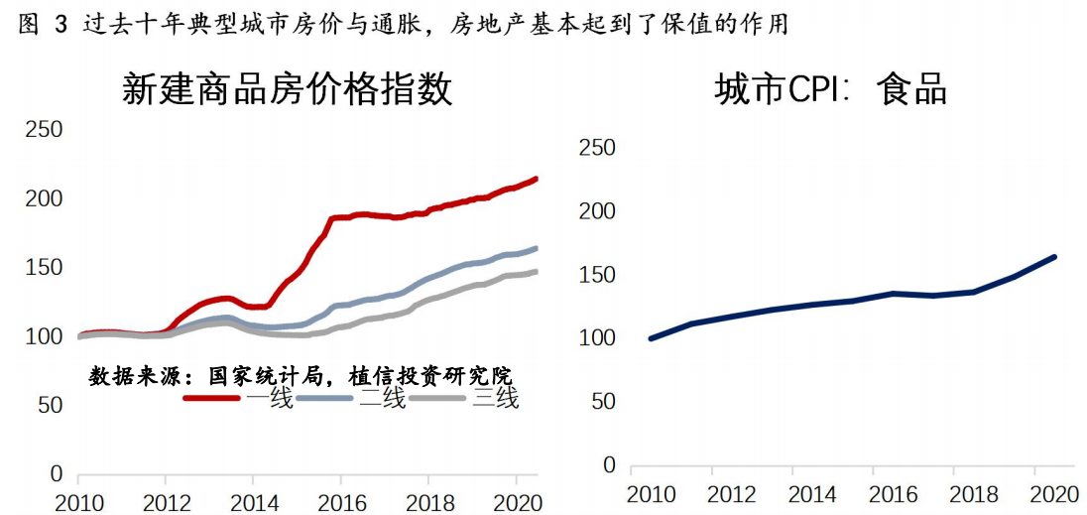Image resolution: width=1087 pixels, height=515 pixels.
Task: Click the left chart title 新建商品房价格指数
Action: coord(287,89)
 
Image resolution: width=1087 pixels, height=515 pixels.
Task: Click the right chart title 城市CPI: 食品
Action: coord(831,90)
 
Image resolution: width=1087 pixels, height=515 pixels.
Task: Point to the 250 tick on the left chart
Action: coord(44,130)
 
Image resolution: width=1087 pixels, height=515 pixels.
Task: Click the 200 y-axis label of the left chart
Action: coord(44,198)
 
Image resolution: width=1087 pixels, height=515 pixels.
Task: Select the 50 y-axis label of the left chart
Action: coord(50,406)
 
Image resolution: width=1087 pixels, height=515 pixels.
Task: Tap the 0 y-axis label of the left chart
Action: coord(57,474)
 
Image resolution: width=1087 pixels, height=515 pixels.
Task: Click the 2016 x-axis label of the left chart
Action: coord(342,501)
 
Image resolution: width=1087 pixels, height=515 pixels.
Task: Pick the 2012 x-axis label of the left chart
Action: coord(167,501)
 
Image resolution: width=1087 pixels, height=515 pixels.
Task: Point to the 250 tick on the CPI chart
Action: coord(596,148)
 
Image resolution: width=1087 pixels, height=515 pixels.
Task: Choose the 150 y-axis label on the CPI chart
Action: coord(596,275)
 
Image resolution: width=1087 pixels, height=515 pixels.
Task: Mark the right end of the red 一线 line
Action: coord(536,179)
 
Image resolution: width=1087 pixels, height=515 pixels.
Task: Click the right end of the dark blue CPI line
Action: coord(1054,257)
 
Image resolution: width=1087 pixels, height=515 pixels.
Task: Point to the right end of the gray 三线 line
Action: coord(536,272)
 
